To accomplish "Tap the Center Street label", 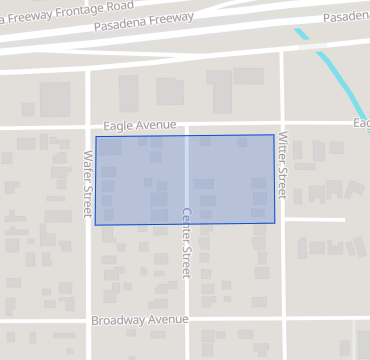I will point(186,242).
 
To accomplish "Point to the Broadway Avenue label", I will point(139,320).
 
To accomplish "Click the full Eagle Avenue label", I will point(146,126).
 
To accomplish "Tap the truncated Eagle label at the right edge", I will point(361,123).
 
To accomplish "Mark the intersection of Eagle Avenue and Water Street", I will point(88,127).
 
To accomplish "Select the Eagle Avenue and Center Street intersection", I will point(186,126).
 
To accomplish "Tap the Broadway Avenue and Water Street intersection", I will point(88,321).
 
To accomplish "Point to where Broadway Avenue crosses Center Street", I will point(186,321).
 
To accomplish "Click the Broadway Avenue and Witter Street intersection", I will point(282,321).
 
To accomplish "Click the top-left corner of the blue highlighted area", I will point(96,137).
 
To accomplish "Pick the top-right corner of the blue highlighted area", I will point(274,135).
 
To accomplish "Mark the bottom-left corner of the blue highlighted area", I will point(95,224).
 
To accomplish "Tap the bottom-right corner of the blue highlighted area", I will point(275,223).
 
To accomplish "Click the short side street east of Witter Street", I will point(315,219).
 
